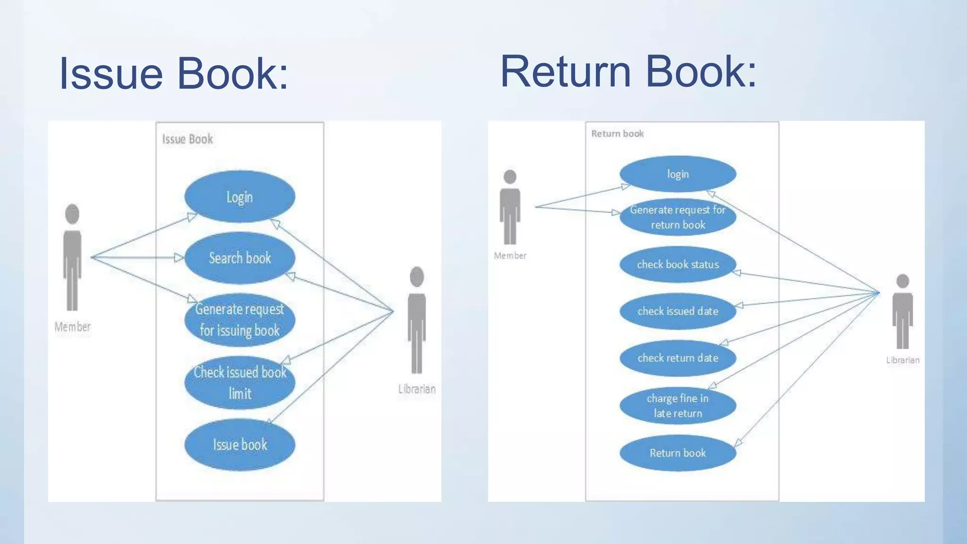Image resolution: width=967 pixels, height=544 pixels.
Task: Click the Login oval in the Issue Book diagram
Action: point(239,197)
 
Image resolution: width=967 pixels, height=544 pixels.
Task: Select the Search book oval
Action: point(239,258)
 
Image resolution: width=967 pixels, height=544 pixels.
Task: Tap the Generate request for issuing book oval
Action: point(239,320)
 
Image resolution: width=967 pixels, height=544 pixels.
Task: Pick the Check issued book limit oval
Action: point(239,382)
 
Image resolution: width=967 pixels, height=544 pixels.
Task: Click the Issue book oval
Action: point(239,444)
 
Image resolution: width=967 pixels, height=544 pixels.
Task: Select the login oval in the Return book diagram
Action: point(678,174)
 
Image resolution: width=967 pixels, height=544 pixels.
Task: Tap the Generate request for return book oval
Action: point(678,217)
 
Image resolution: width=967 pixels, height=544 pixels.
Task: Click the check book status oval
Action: point(678,264)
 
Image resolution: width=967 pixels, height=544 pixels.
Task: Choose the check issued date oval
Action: point(678,311)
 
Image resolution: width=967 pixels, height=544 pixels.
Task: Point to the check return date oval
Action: point(678,358)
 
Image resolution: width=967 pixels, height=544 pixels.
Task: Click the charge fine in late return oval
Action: point(678,406)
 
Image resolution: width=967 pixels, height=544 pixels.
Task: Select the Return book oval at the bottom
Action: point(678,453)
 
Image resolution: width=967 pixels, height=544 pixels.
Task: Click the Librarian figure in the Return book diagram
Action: point(902,311)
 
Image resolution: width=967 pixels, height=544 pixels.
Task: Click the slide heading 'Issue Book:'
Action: point(173,73)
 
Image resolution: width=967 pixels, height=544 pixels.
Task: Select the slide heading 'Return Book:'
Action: point(628,71)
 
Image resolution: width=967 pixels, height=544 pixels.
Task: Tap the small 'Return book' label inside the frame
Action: point(617,134)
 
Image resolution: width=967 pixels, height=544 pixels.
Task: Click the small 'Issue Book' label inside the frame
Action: point(187,139)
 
